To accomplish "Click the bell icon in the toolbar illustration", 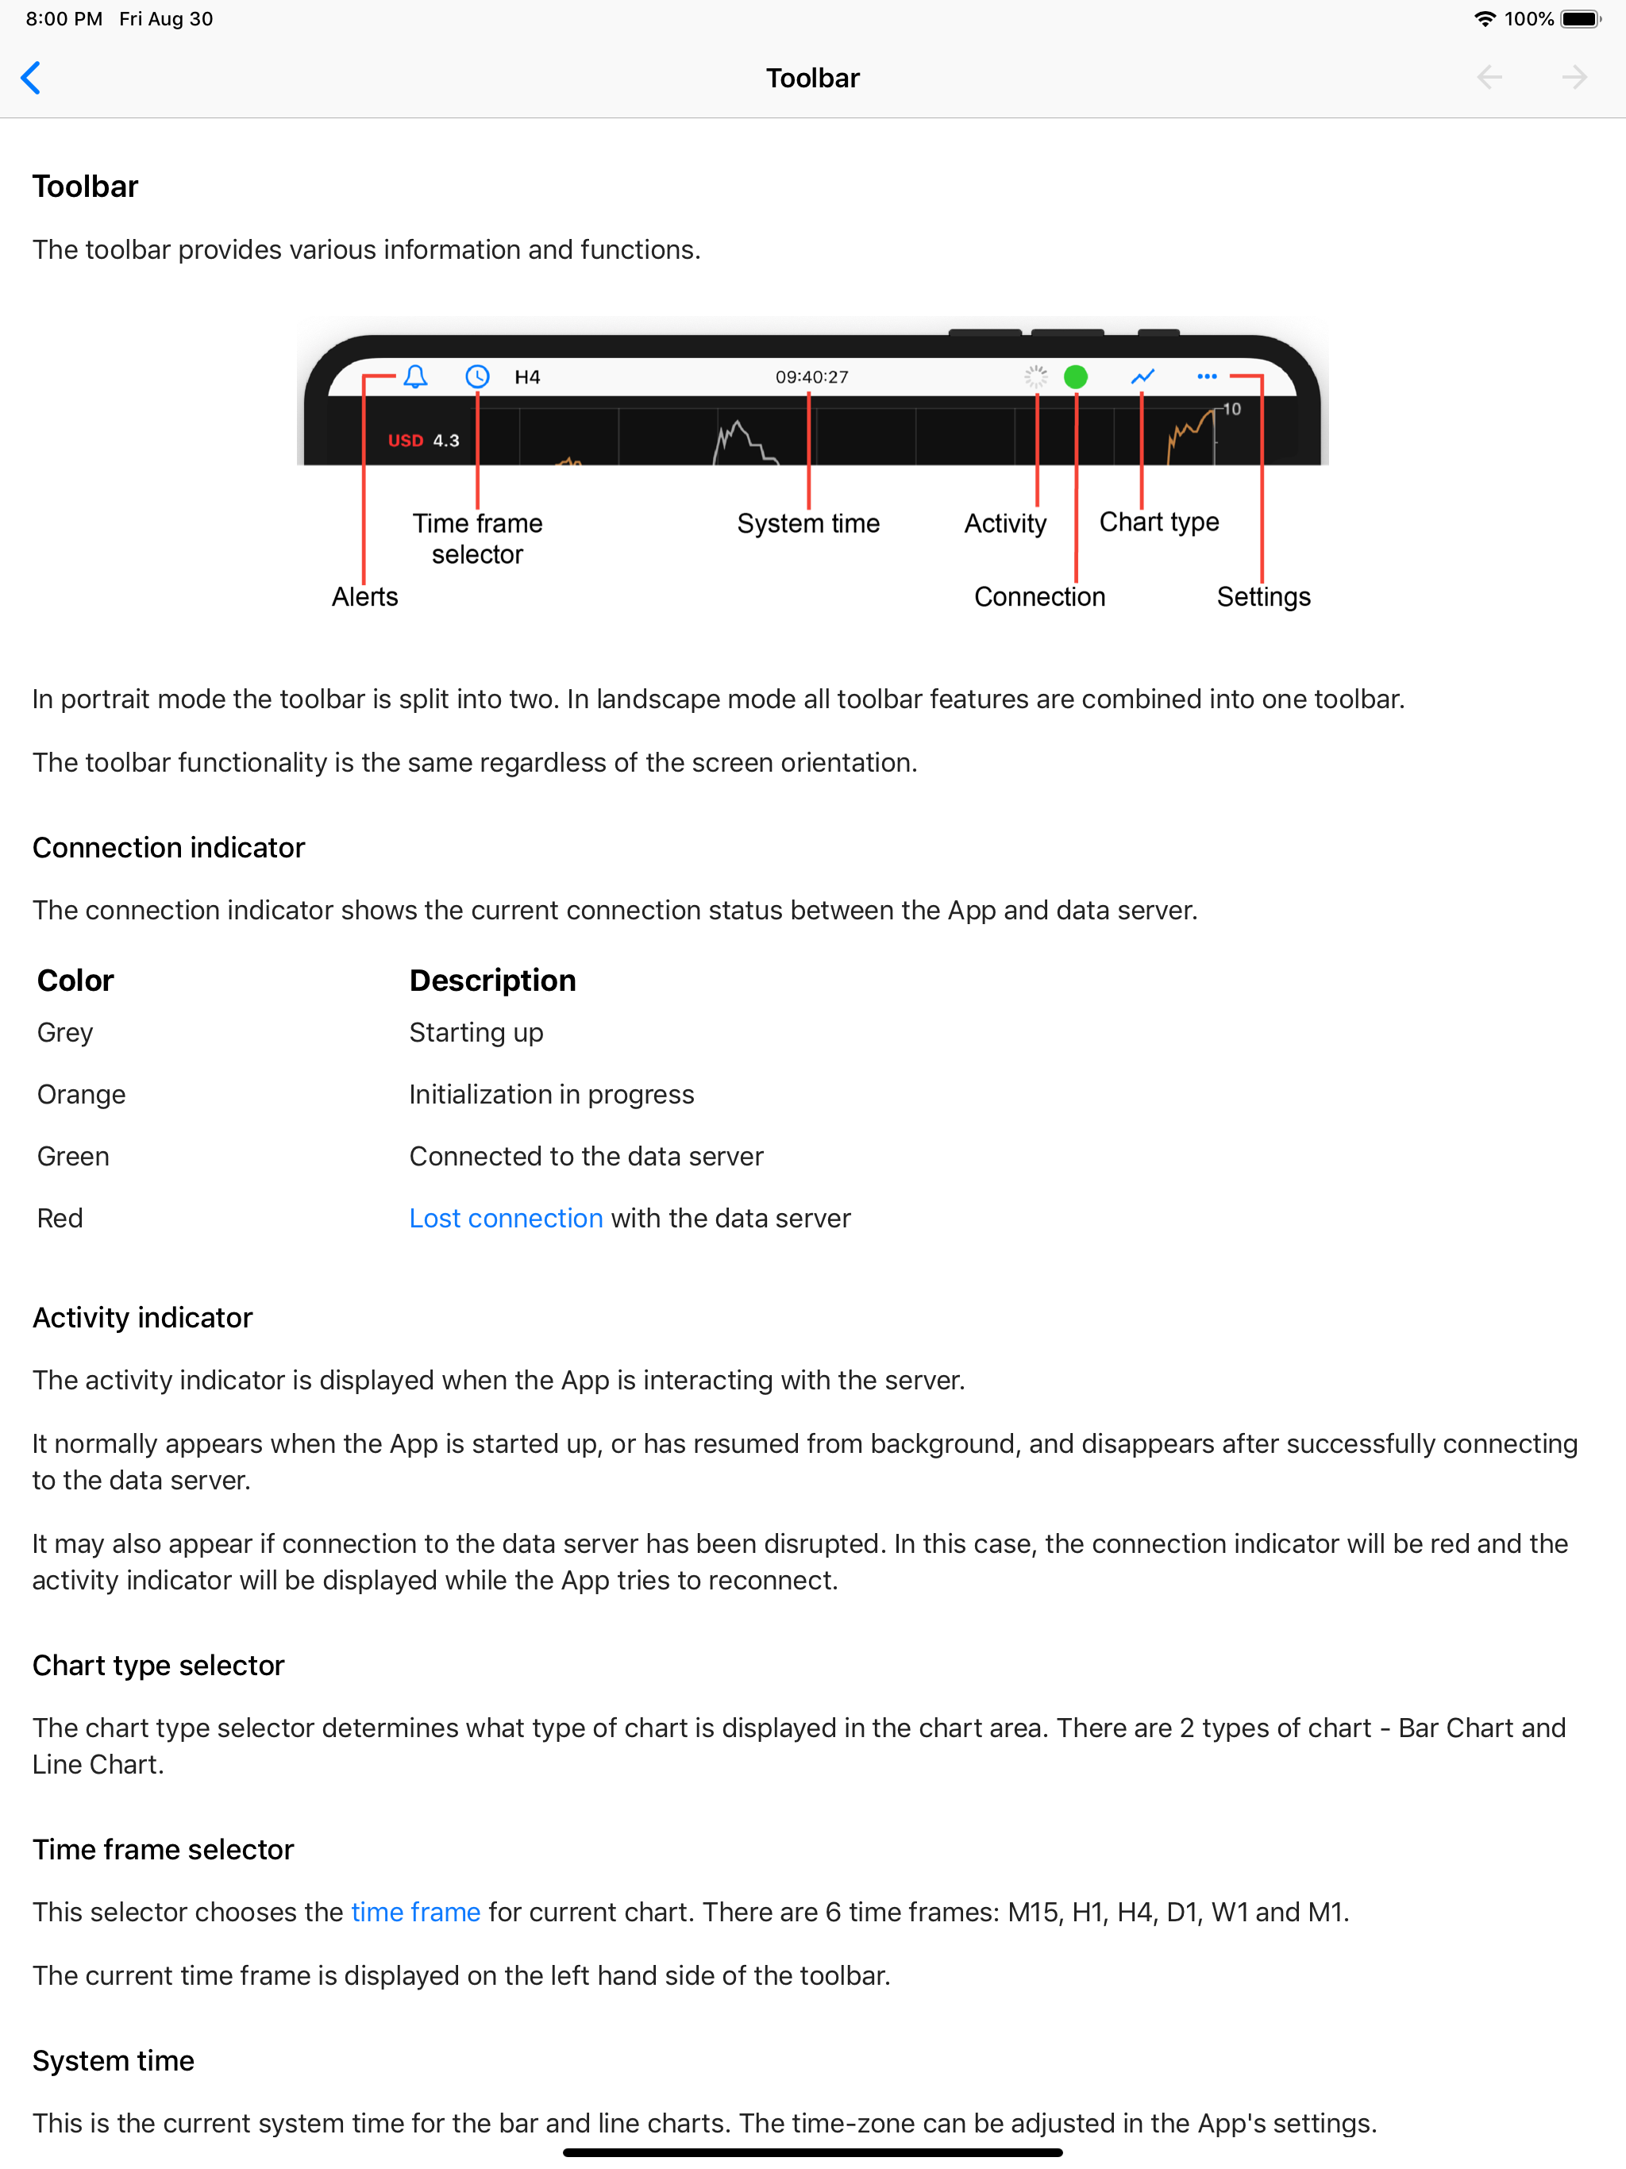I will (x=416, y=376).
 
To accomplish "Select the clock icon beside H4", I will (x=478, y=376).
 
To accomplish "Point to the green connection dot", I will (x=1076, y=376).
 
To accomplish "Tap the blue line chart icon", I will (x=1142, y=376).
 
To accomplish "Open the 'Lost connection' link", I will (x=505, y=1218).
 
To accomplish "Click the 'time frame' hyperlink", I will (x=416, y=1912).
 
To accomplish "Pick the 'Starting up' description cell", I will (x=476, y=1033).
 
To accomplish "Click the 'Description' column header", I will (x=492, y=980).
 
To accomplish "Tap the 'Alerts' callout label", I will (x=365, y=597).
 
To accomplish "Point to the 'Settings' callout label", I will (x=1263, y=597).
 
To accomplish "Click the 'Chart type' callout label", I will (x=1159, y=522).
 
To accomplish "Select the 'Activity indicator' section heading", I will (x=143, y=1318).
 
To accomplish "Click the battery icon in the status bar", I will (x=1580, y=18).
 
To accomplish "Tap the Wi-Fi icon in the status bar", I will (x=1485, y=18).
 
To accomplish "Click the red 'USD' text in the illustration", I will (x=405, y=441).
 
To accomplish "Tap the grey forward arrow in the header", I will (x=1574, y=78).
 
